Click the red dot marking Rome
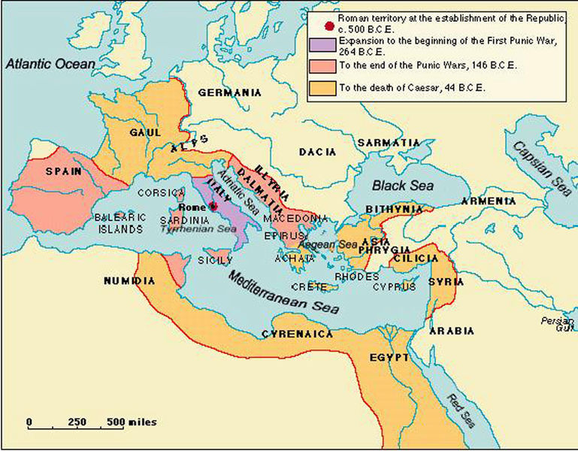pyautogui.click(x=213, y=206)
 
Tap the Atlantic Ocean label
pyautogui.click(x=50, y=65)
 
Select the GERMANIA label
pyautogui.click(x=229, y=92)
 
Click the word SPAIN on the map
pyautogui.click(x=63, y=171)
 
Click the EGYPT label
pyautogui.click(x=389, y=357)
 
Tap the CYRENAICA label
pyautogui.click(x=297, y=334)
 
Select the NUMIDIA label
pyautogui.click(x=130, y=281)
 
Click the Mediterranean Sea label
pyautogui.click(x=283, y=292)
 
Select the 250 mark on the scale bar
pyautogui.click(x=77, y=422)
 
